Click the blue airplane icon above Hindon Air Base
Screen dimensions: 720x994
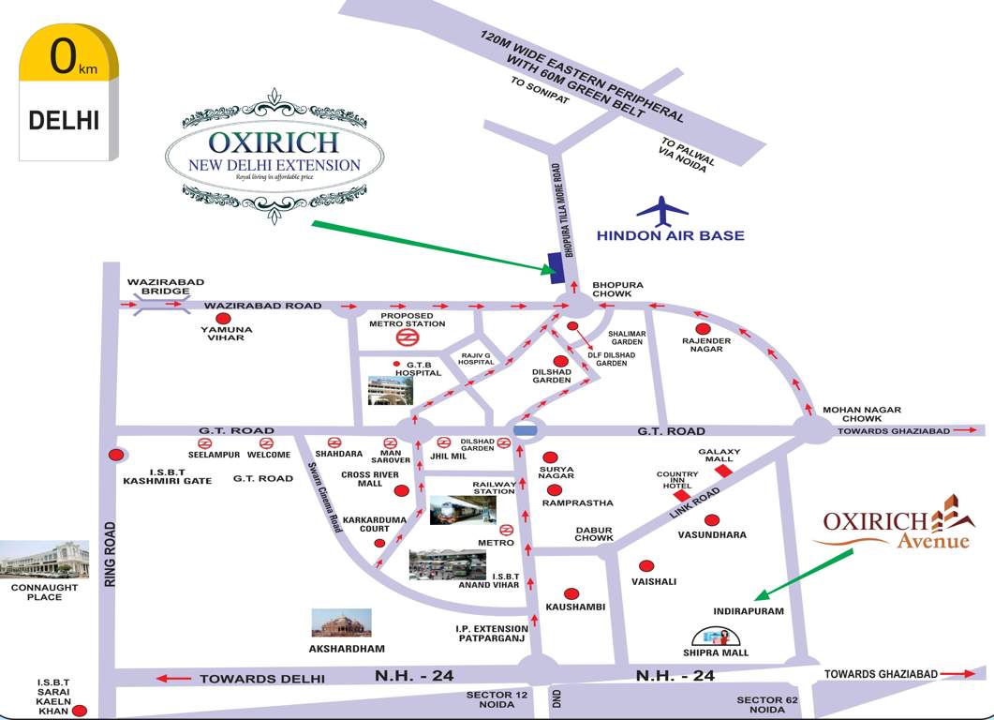661,211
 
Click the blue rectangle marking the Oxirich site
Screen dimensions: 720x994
556,269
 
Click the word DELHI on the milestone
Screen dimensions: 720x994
63,121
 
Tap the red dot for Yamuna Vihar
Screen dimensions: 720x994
223,320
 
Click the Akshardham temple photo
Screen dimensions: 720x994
341,623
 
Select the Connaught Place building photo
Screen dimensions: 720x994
44,561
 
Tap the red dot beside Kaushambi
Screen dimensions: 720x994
571,593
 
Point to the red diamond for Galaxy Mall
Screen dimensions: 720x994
723,472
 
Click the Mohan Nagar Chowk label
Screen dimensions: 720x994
861,414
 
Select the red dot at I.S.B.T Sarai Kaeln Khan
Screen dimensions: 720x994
81,712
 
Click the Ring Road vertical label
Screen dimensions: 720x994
110,553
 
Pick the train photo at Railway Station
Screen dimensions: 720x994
462,511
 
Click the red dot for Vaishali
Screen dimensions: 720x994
645,565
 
